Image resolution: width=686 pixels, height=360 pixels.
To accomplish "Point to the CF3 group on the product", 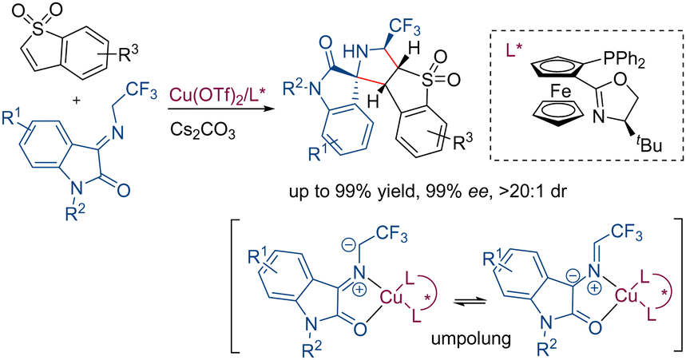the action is [x=403, y=30].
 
